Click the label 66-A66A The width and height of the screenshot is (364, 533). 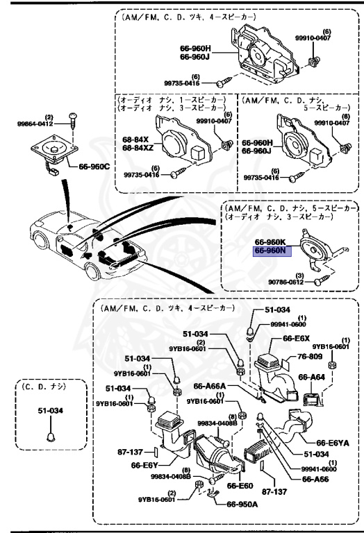coord(208,386)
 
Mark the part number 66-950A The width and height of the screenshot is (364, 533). coord(242,505)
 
